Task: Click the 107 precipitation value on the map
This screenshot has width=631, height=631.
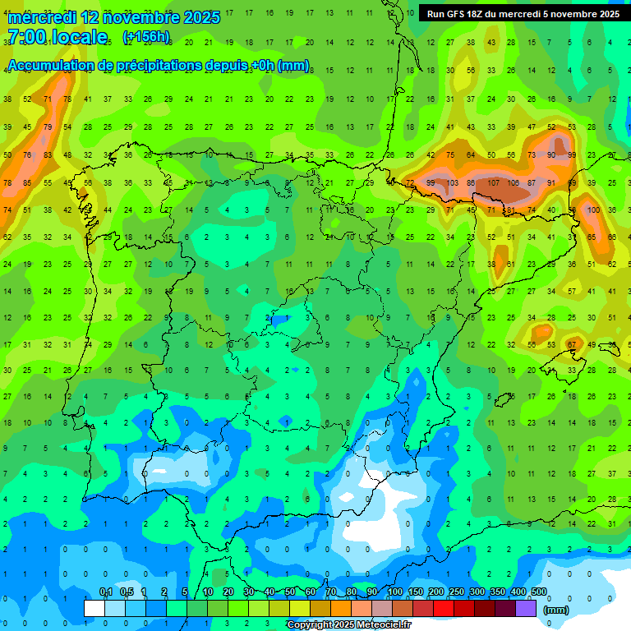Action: pos(493,182)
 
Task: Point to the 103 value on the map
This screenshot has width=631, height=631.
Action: pos(452,182)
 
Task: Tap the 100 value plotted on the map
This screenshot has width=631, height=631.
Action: pos(594,210)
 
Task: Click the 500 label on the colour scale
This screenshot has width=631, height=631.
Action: pos(539,592)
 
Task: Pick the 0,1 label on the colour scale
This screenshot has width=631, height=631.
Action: pos(106,592)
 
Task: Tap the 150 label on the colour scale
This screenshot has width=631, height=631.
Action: pos(416,592)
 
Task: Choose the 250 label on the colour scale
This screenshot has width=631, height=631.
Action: pos(457,592)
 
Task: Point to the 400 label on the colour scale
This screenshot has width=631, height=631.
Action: pos(518,592)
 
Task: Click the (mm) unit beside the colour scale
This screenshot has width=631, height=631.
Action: pos(556,610)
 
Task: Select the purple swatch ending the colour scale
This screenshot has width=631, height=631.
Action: pos(526,608)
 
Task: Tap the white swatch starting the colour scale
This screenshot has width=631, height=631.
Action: pos(94,608)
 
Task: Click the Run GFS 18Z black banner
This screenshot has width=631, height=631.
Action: pos(523,14)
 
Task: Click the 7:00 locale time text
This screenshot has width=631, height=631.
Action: pos(57,37)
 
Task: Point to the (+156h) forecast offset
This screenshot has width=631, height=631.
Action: pos(146,37)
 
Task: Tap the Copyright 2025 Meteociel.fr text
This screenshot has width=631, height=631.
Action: pos(348,625)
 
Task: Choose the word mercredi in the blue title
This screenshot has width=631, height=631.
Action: pos(42,16)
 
